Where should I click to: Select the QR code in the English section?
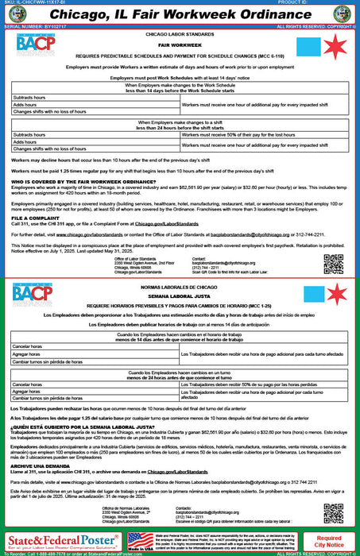tap(335, 264)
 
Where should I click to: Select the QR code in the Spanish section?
tap(335, 514)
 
